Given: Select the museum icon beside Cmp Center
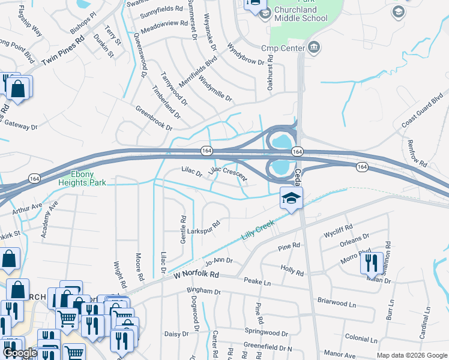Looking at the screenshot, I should (x=312, y=47).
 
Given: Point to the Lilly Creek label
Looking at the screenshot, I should (x=258, y=230).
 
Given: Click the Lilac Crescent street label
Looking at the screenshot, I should (x=228, y=175).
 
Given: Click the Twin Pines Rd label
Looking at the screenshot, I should (x=64, y=50).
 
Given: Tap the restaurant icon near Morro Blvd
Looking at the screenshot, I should (x=372, y=263).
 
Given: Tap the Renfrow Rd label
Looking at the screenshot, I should (x=415, y=154).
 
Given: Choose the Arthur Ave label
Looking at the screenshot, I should (x=28, y=208).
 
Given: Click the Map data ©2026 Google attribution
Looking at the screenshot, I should (x=411, y=355).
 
